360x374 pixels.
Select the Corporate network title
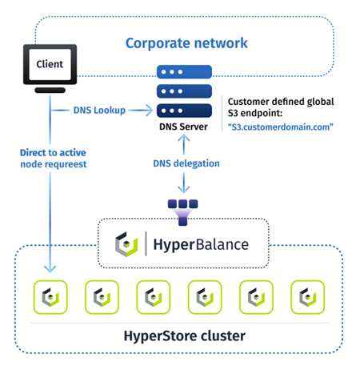point(186,42)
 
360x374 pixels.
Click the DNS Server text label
point(185,127)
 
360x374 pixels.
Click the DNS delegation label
point(185,163)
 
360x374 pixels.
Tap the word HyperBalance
point(202,244)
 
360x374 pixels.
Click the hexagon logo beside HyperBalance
point(128,244)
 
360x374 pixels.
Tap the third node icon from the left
point(153,297)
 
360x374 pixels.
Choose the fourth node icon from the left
point(204,297)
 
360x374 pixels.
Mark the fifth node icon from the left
point(256,297)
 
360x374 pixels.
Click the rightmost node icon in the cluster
point(307,297)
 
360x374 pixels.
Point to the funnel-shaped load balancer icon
point(185,211)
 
